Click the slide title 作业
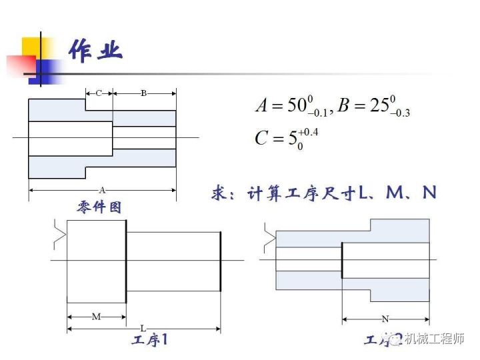(x=95, y=51)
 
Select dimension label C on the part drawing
(x=99, y=93)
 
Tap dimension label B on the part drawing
(x=143, y=93)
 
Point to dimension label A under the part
(x=102, y=189)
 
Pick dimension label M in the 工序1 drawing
(x=96, y=317)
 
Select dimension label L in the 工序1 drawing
(x=143, y=328)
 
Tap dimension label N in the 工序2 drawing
(x=385, y=318)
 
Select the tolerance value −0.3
(x=399, y=113)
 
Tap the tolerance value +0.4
(x=308, y=131)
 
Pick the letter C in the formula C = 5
(x=262, y=139)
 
